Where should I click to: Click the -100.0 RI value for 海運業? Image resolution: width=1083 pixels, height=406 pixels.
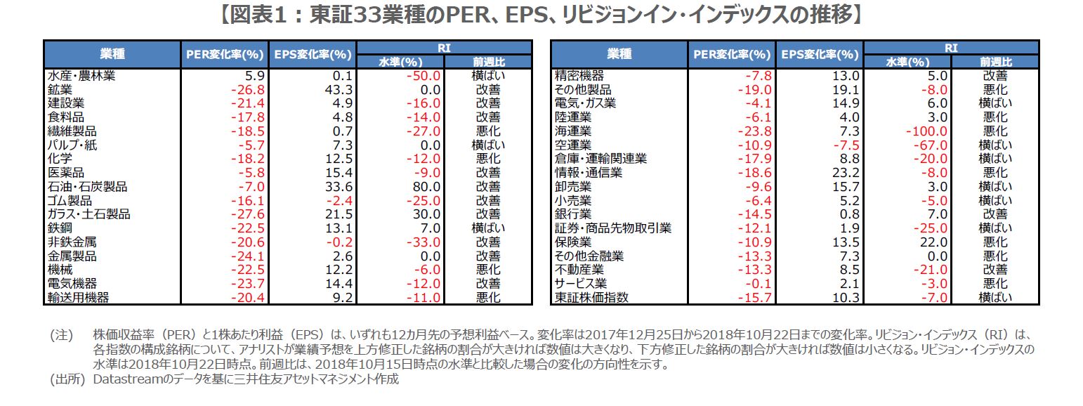tap(928, 131)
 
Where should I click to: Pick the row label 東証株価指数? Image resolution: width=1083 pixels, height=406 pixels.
tap(591, 298)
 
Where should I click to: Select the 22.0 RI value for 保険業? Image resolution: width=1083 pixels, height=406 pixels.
tap(934, 242)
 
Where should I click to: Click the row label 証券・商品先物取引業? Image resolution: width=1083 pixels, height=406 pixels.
tap(613, 228)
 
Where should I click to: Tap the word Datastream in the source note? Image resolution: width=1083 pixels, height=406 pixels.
tap(129, 380)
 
